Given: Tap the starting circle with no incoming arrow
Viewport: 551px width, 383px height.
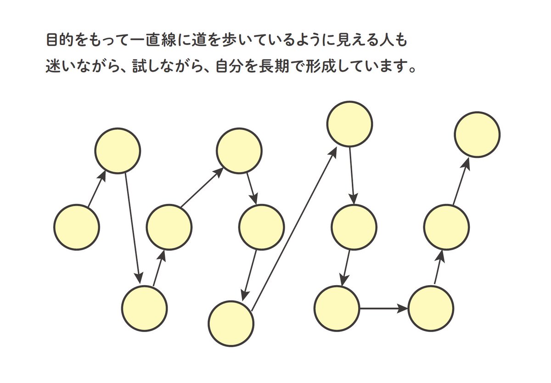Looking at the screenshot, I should (77, 227).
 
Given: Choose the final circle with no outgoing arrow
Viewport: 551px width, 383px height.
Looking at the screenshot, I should (477, 134).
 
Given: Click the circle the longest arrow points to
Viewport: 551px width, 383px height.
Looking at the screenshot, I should (349, 124).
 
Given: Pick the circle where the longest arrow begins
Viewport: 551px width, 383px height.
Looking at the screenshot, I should (231, 323).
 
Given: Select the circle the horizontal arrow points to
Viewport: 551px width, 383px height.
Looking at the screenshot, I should (431, 308).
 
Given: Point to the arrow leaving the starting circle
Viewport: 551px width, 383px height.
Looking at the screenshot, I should (97, 189).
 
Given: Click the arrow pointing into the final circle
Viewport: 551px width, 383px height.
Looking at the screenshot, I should (461, 181).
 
